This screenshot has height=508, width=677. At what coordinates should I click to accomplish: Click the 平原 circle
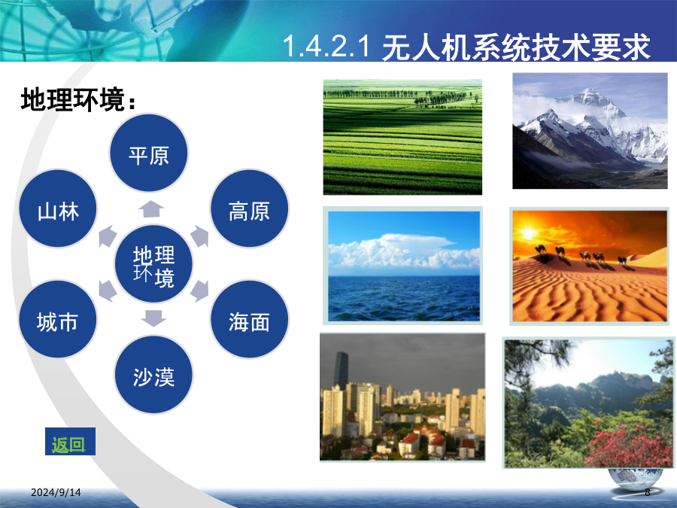click(148, 153)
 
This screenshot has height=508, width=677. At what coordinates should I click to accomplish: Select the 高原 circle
click(249, 208)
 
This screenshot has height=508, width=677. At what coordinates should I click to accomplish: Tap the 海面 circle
click(249, 319)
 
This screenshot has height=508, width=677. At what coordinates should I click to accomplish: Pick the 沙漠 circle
click(153, 375)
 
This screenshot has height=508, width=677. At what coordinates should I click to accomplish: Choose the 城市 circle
click(57, 319)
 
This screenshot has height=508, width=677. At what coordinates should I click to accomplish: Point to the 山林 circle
click(58, 208)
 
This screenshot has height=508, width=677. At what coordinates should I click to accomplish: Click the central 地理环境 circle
click(153, 263)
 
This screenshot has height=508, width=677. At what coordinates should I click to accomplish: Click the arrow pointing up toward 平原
click(151, 208)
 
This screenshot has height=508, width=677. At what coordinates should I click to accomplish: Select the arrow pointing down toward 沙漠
click(153, 318)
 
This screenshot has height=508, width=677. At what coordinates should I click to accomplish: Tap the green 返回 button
click(70, 442)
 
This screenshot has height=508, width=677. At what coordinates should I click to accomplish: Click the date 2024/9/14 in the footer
click(56, 492)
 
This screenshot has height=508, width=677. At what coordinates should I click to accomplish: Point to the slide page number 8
click(647, 492)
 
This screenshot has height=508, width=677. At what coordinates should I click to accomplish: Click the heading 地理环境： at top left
click(78, 100)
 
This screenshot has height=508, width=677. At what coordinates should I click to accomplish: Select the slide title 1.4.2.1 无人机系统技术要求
click(466, 46)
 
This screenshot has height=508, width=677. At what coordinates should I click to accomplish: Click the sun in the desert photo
click(528, 233)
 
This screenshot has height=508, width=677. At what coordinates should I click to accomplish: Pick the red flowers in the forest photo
click(628, 445)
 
